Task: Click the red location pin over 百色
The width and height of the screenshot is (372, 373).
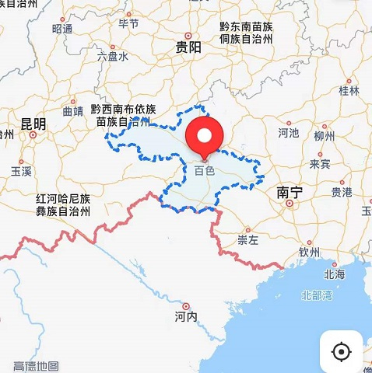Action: pyautogui.click(x=204, y=139)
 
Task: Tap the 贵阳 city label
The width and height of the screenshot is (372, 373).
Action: pyautogui.click(x=188, y=47)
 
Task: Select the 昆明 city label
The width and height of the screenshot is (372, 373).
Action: pyautogui.click(x=33, y=124)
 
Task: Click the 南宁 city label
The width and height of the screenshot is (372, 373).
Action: pyautogui.click(x=290, y=191)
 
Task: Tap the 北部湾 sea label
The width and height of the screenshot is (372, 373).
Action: pyautogui.click(x=317, y=295)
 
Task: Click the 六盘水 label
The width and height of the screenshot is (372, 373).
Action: pyautogui.click(x=112, y=56)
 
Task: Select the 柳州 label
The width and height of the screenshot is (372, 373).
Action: pyautogui.click(x=324, y=136)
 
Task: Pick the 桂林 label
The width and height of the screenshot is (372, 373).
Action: pyautogui.click(x=350, y=90)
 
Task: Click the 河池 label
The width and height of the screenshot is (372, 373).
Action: pyautogui.click(x=288, y=133)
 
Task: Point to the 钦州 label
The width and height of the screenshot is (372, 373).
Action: pyautogui.click(x=309, y=252)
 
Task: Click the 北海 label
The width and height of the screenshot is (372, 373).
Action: pyautogui.click(x=335, y=274)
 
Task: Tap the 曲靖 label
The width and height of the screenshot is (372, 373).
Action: pyautogui.click(x=72, y=111)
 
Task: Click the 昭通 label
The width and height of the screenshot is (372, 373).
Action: pyautogui.click(x=62, y=29)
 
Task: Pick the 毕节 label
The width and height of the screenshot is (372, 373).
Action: pyautogui.click(x=128, y=23)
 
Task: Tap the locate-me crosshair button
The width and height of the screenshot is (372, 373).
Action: pyautogui.click(x=341, y=351)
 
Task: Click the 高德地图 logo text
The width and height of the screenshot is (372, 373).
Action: pyautogui.click(x=36, y=365)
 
